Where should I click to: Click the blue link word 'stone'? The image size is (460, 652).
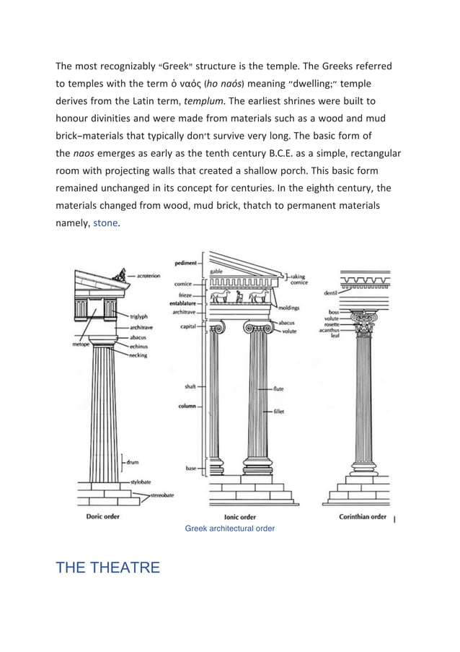(106, 223)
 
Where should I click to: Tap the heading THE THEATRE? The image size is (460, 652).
(107, 568)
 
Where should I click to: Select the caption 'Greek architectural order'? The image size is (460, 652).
(229, 529)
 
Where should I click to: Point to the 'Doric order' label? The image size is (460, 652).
(99, 516)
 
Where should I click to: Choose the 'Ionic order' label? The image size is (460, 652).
(239, 517)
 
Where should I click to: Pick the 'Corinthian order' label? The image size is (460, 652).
(363, 516)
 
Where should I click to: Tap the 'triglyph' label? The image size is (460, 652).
(140, 316)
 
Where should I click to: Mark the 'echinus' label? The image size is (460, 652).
(139, 346)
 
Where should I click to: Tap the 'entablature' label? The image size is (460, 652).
(185, 303)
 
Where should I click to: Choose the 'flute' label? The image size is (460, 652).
(278, 388)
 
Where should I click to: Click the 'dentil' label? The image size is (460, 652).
(331, 292)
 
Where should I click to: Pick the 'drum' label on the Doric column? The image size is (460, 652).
(133, 461)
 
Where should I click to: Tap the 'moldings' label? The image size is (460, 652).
(289, 307)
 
